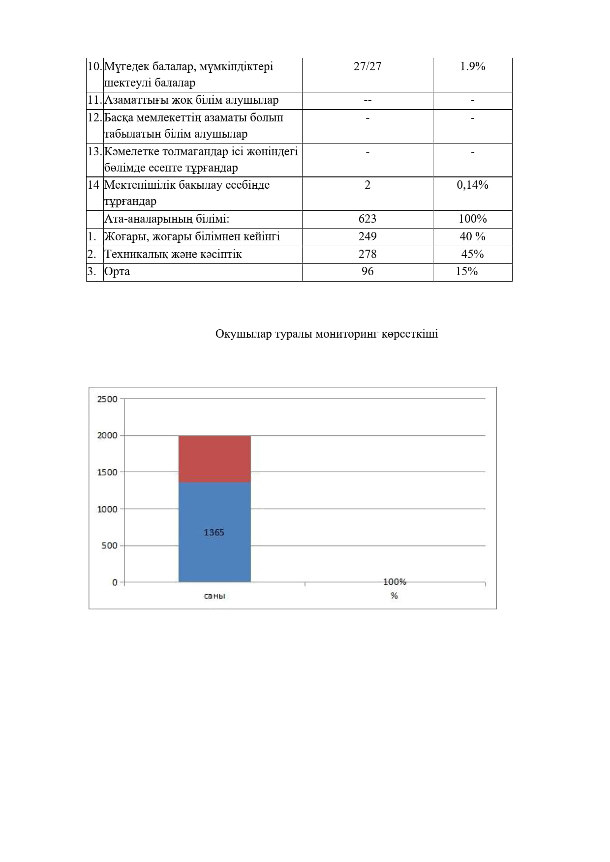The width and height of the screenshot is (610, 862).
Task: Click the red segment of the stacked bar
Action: point(214,459)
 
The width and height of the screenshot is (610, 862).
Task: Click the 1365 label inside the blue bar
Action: point(214,532)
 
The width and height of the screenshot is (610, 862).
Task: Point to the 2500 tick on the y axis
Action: point(107,399)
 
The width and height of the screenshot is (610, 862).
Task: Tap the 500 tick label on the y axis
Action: point(110,546)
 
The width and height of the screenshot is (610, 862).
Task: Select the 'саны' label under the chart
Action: point(214,596)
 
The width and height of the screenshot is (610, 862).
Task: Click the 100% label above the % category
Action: point(395,581)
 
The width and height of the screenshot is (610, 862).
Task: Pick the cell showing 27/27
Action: point(367,66)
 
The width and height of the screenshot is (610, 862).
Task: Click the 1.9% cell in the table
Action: point(472,66)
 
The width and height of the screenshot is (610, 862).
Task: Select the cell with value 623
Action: point(367,219)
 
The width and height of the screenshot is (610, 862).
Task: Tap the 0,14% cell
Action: point(472,185)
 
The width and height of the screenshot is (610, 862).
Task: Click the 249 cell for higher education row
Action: point(367,236)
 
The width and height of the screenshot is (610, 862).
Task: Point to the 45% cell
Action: point(472,254)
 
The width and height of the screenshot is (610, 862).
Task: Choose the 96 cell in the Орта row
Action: point(367,271)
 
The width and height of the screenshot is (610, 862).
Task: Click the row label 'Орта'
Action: point(117,271)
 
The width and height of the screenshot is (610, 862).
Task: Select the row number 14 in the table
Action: point(93,185)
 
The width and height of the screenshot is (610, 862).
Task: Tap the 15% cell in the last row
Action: point(466,271)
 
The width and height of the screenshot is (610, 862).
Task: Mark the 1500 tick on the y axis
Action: point(107,472)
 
